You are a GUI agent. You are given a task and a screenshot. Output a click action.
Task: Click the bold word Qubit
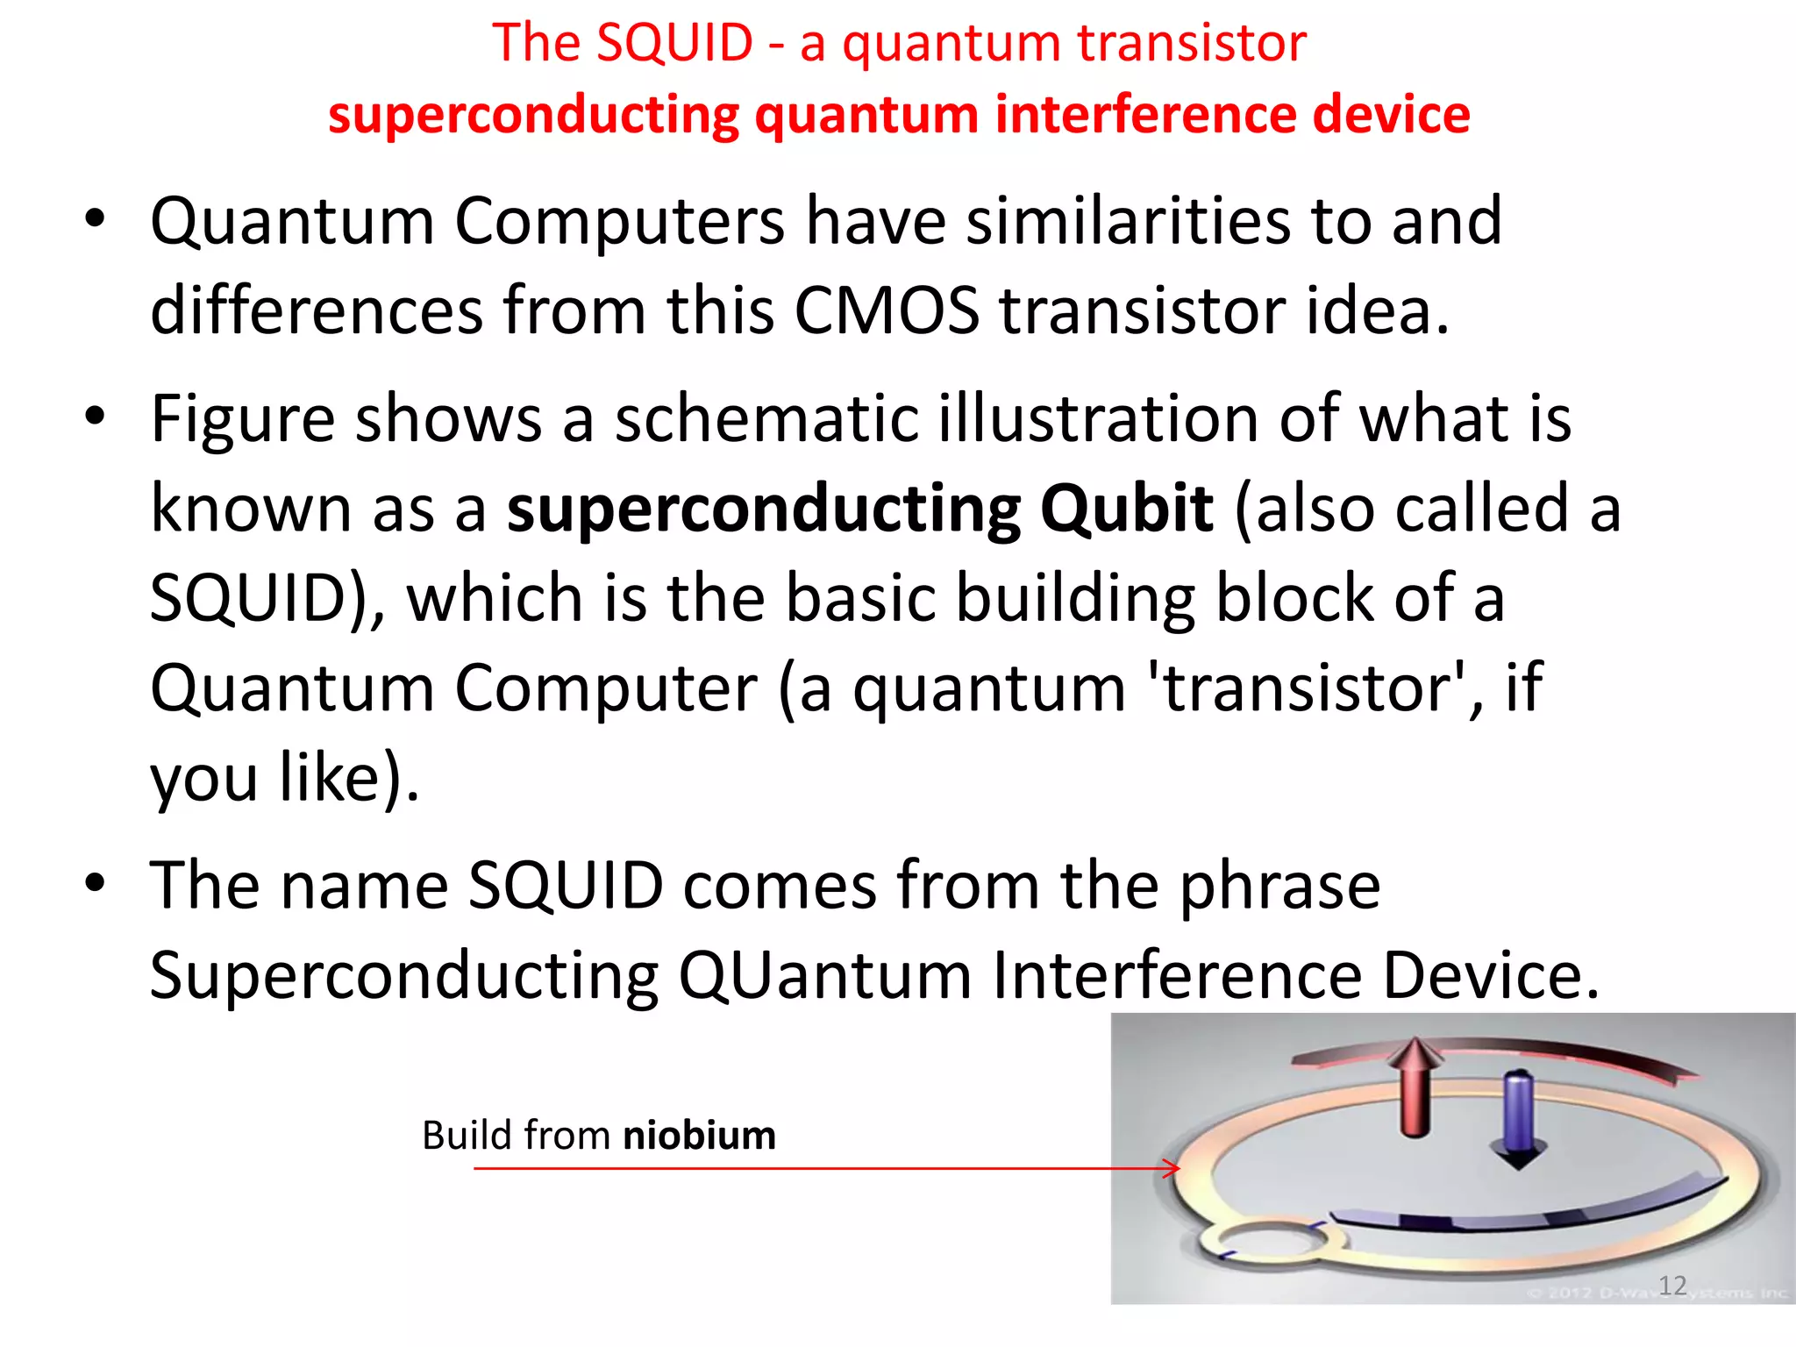1127,509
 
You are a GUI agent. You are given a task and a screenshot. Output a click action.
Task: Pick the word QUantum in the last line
824,975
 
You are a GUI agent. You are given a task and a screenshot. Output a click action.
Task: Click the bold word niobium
699,1136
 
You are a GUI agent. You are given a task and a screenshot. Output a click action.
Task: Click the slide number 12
1672,1286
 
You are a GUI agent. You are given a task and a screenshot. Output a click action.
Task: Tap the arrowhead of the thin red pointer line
1173,1168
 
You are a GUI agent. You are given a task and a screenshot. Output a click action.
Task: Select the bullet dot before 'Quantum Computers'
96,219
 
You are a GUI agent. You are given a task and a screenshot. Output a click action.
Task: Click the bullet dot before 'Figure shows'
96,417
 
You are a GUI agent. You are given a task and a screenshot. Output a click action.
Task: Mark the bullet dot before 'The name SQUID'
96,884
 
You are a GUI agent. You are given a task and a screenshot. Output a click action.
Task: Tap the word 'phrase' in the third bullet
1279,886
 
